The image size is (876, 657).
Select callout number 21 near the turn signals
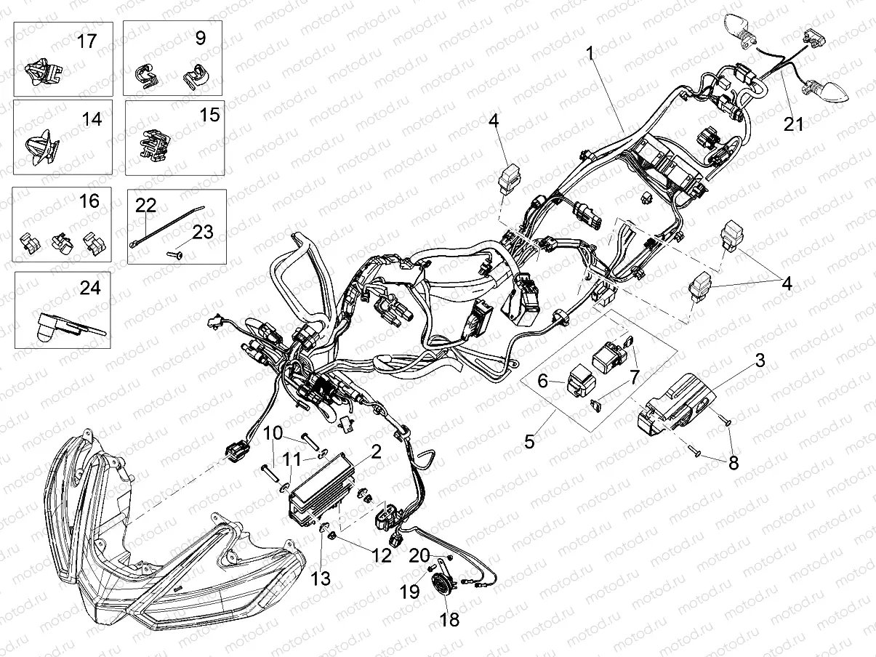click(x=794, y=124)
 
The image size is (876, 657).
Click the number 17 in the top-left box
click(x=87, y=41)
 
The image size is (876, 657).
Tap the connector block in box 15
click(x=156, y=144)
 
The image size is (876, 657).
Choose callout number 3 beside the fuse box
click(x=759, y=360)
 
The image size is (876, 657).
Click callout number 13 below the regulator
click(x=321, y=579)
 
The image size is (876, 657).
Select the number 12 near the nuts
click(x=382, y=557)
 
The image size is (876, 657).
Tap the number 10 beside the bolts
click(x=273, y=433)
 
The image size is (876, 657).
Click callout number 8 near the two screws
click(x=734, y=463)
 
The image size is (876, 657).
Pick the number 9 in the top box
click(x=200, y=38)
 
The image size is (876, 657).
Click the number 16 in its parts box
click(x=89, y=201)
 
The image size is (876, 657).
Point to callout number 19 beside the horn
click(x=410, y=592)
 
